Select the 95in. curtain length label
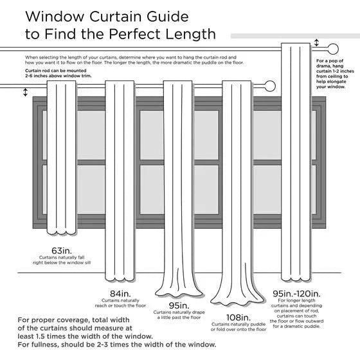177,305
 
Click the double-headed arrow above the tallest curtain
316,43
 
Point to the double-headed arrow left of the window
26,93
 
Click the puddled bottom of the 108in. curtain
239,298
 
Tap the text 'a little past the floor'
177,318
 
